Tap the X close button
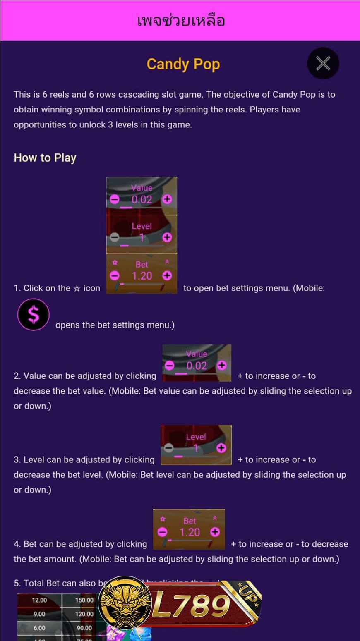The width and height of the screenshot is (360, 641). click(x=323, y=63)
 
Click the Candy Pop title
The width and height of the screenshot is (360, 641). click(x=183, y=64)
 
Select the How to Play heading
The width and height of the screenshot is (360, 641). click(x=45, y=158)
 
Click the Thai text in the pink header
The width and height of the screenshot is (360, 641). click(x=181, y=20)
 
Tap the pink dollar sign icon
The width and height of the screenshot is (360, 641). click(x=33, y=315)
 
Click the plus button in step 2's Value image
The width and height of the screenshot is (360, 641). click(x=222, y=365)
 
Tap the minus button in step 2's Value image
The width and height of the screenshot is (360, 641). click(x=169, y=365)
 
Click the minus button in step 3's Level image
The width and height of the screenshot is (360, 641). click(x=168, y=448)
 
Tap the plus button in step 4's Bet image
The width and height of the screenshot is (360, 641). click(x=215, y=532)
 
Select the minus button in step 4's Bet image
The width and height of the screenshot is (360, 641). click(x=163, y=532)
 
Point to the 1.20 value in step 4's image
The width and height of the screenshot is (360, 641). click(x=190, y=532)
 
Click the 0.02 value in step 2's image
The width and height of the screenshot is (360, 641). click(x=196, y=366)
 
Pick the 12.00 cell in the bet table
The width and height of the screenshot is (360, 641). click(x=39, y=600)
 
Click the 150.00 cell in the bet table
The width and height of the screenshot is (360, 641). click(x=84, y=600)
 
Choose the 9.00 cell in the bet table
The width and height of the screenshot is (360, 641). click(x=39, y=614)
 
